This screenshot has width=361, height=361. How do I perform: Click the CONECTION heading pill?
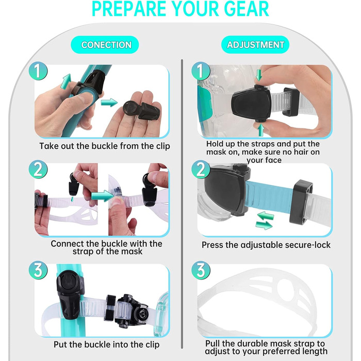(x=105, y=45)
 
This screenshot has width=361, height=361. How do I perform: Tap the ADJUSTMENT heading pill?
(x=255, y=44)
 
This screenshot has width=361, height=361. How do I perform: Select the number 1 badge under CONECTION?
(x=38, y=71)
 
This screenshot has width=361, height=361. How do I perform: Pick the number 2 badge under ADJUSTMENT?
(x=201, y=170)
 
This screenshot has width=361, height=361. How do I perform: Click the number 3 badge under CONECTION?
(x=38, y=270)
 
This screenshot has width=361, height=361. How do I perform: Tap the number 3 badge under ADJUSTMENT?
(x=201, y=270)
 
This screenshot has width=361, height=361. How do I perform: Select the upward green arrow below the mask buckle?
(x=260, y=130)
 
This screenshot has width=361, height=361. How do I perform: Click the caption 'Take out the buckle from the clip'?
(x=105, y=146)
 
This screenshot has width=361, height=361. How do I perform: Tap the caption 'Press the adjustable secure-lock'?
(x=266, y=245)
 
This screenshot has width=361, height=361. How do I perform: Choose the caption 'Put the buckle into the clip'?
(x=107, y=344)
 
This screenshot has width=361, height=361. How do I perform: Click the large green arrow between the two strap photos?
(x=103, y=195)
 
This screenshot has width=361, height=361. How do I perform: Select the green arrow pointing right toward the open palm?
(x=109, y=103)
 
